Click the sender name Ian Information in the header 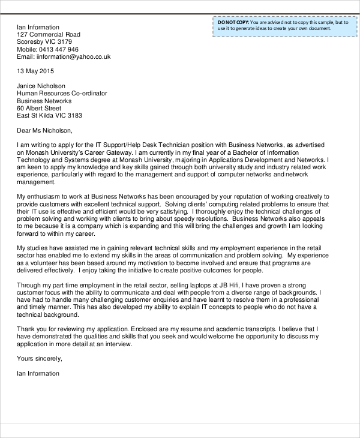point(38,27)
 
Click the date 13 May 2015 point(35,71)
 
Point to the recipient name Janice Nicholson point(41,86)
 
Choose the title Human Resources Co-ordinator point(62,94)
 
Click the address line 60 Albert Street point(39,108)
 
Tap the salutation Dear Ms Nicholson point(44,130)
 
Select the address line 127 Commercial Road point(48,35)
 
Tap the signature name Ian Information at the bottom point(38,373)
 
